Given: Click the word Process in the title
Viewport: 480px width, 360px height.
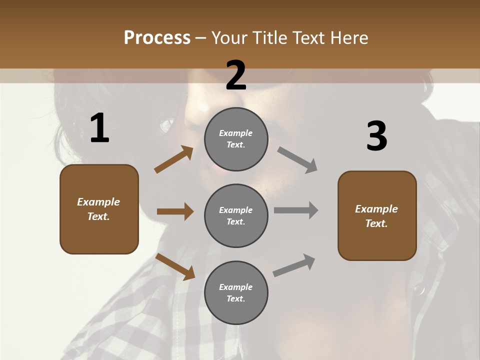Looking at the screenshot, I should click(157, 38).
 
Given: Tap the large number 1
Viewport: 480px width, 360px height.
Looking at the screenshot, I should click(99, 128).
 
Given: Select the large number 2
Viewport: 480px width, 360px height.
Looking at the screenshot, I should click(236, 75).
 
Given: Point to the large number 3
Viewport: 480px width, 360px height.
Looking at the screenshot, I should click(376, 136).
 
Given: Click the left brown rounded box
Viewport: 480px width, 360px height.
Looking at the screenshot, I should click(99, 209).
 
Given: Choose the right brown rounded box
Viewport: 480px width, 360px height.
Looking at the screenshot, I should click(377, 216).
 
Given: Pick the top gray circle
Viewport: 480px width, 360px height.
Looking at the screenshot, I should click(236, 139).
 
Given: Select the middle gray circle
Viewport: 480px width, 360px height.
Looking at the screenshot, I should click(236, 216).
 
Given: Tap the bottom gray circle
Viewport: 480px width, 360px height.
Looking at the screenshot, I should click(236, 293).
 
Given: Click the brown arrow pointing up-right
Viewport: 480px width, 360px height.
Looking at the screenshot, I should click(173, 159).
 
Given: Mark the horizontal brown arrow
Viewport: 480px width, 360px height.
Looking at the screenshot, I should click(174, 211).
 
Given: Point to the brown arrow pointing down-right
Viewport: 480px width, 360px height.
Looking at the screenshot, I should click(175, 266).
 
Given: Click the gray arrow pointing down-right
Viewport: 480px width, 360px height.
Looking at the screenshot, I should click(297, 159).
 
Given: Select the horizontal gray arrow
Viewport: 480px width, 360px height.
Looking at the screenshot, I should click(296, 210).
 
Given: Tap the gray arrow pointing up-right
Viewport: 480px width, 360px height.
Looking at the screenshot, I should click(294, 265).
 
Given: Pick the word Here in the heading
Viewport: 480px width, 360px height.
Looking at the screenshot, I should click(350, 38).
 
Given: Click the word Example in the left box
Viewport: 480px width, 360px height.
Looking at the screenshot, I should click(98, 202).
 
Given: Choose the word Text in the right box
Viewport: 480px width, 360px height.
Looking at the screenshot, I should click(375, 223).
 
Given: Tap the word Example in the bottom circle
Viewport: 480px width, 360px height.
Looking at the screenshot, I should click(235, 287).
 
